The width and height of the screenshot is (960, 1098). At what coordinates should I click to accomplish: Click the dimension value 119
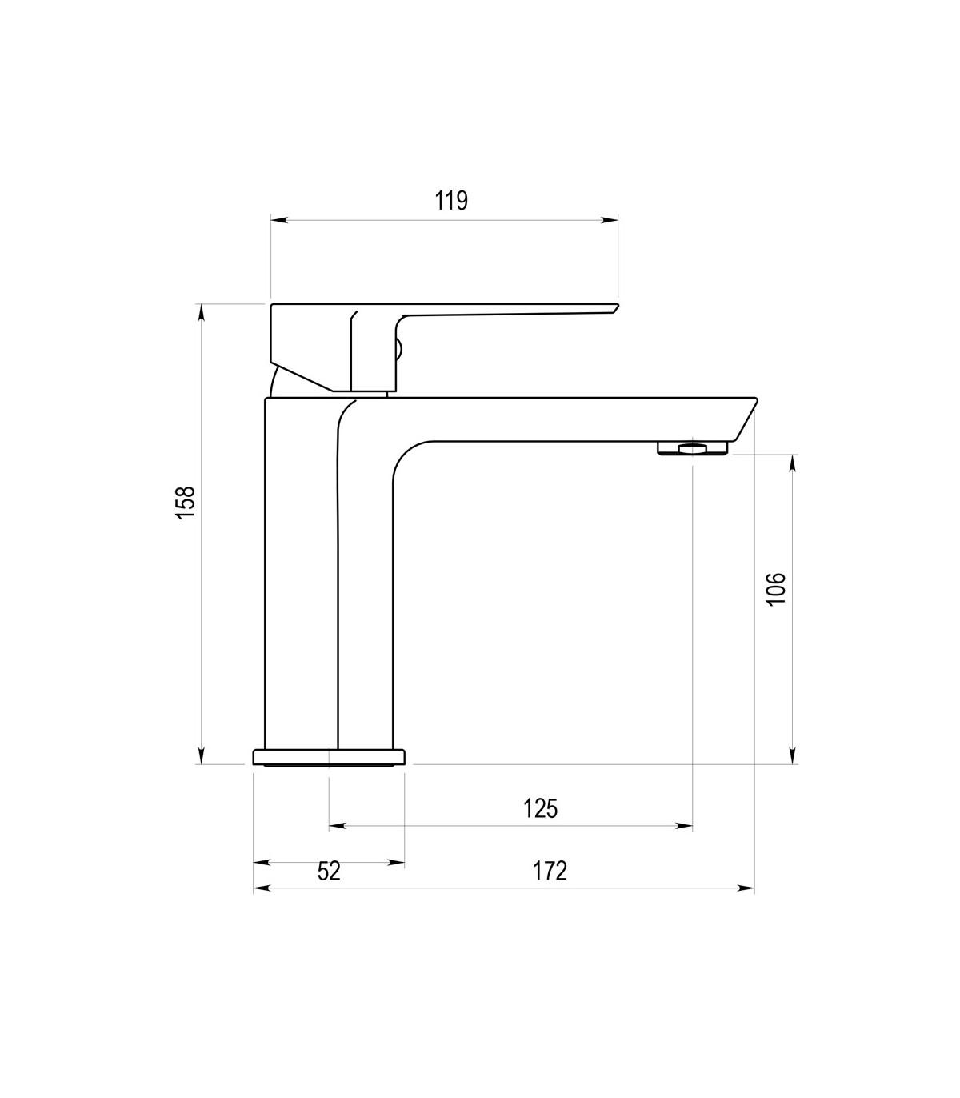click(x=451, y=201)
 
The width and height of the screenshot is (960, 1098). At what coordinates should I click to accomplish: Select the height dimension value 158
click(x=186, y=502)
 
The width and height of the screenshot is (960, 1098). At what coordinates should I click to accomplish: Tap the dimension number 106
click(x=776, y=589)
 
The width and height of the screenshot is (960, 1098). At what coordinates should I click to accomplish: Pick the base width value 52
click(x=329, y=871)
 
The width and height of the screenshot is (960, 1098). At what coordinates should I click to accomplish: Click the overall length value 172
click(x=550, y=871)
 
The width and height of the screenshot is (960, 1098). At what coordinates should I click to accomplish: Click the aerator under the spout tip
click(x=692, y=447)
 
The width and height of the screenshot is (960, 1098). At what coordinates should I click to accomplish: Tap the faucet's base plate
click(x=329, y=758)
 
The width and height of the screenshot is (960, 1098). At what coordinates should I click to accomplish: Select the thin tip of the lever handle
click(x=617, y=307)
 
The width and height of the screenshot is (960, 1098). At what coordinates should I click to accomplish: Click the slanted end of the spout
click(x=746, y=419)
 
